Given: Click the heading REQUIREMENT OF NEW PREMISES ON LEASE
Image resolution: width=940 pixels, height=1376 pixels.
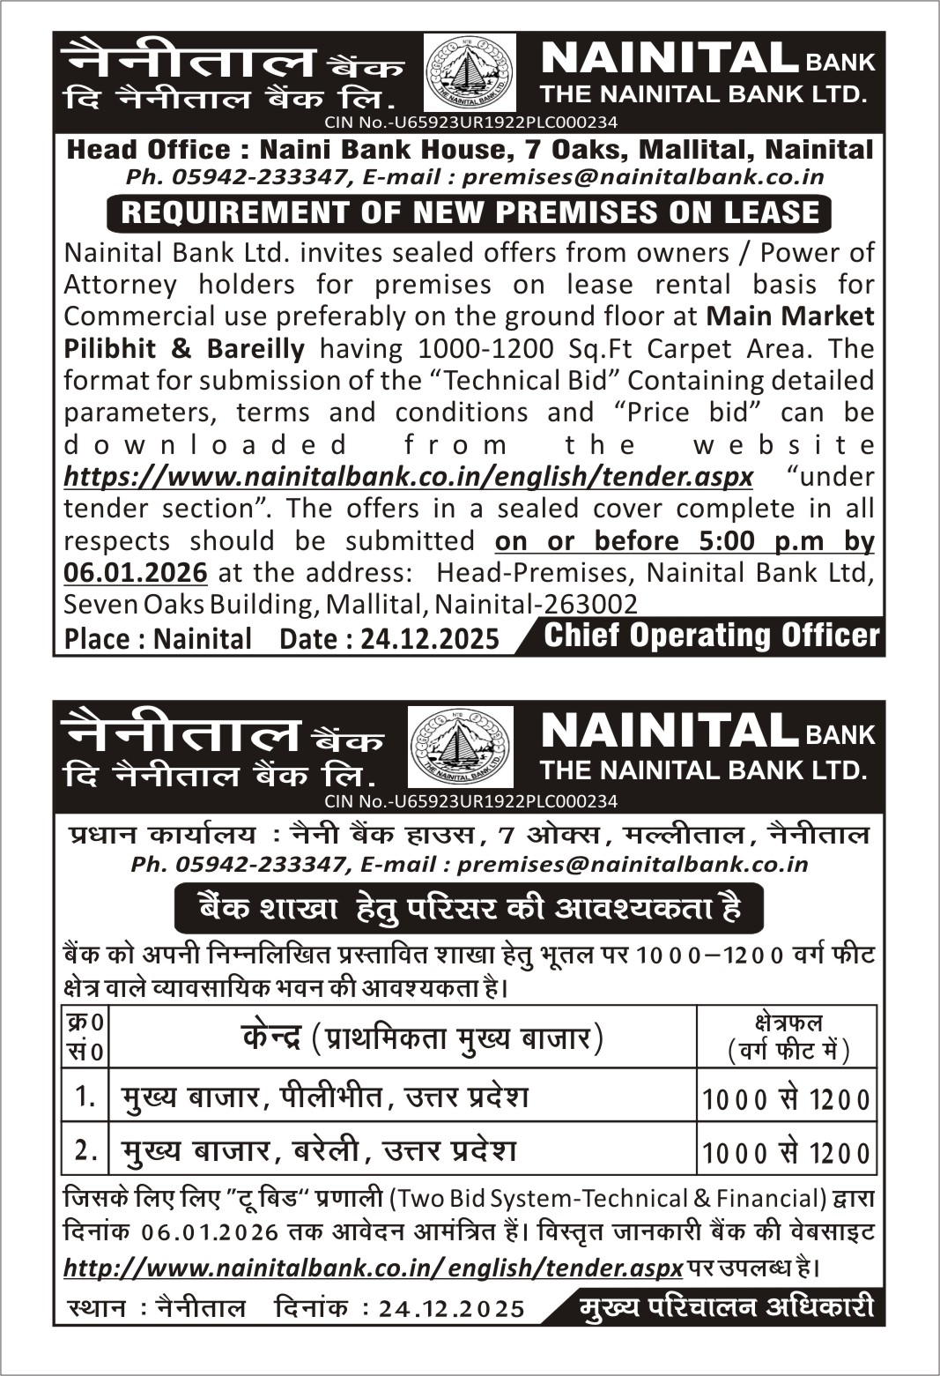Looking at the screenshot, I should pyautogui.click(x=469, y=212).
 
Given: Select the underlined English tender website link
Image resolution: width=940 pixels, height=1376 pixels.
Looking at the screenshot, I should pyautogui.click(x=408, y=477).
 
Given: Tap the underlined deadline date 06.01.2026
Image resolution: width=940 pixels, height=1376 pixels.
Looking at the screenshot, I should pyautogui.click(x=136, y=573).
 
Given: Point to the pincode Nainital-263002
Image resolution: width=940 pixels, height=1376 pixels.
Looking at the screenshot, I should pyautogui.click(x=537, y=605).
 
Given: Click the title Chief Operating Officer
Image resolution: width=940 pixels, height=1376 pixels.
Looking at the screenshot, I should pyautogui.click(x=711, y=636).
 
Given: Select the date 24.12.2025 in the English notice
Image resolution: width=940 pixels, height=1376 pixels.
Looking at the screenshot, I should pyautogui.click(x=430, y=638).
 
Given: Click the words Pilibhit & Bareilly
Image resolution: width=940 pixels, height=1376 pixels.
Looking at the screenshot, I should pyautogui.click(x=184, y=348).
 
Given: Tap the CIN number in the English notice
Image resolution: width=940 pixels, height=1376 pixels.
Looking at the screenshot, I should pyautogui.click(x=470, y=123).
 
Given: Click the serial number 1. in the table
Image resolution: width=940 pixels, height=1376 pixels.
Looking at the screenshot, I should pyautogui.click(x=85, y=1097).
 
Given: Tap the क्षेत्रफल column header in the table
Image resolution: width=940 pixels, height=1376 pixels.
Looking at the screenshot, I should pyautogui.click(x=787, y=1037).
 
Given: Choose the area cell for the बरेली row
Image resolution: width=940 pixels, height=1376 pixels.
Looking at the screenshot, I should pyautogui.click(x=787, y=1152).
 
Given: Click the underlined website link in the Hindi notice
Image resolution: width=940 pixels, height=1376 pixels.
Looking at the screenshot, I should pyautogui.click(x=373, y=1268).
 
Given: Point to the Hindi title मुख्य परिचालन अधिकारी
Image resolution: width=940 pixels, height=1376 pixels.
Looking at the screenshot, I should pyautogui.click(x=727, y=1307).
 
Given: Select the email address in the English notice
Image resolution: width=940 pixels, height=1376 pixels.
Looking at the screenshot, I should pyautogui.click(x=643, y=176).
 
